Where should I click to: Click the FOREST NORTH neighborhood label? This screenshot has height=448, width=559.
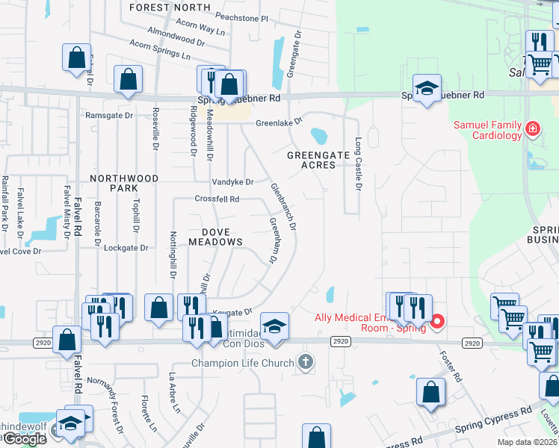click(x=170, y=7)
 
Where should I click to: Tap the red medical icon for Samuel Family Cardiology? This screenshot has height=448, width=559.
click(x=532, y=129)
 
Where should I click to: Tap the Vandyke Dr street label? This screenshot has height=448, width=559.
click(x=232, y=181)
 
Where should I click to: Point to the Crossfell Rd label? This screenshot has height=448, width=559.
click(x=217, y=199)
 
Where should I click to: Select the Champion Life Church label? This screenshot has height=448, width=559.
click(x=244, y=364)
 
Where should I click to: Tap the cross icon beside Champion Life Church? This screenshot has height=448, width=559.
click(x=305, y=363)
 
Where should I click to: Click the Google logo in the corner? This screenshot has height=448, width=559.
click(x=24, y=439)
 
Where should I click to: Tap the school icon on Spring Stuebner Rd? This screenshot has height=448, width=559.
click(x=426, y=89)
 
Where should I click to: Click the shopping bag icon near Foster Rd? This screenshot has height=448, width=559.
click(x=430, y=392)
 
